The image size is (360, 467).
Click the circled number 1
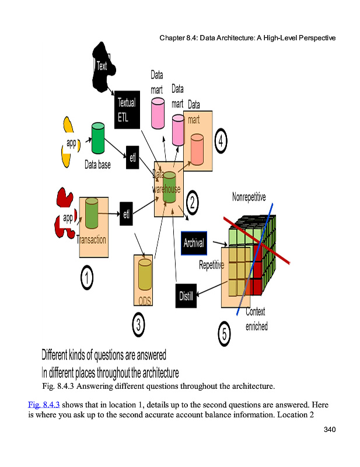(x=86, y=278)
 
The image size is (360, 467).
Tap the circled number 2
(x=191, y=203)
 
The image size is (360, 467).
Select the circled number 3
(x=138, y=325)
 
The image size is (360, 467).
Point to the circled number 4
(x=221, y=141)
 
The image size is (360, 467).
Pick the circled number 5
(x=225, y=334)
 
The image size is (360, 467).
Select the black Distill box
(x=186, y=295)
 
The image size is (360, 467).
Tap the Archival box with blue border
(x=194, y=243)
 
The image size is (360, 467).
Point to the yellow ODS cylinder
(x=144, y=274)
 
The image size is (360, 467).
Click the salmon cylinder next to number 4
(x=197, y=149)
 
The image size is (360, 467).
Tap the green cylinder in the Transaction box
(x=92, y=213)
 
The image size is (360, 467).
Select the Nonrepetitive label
(x=249, y=197)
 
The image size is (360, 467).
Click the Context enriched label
(x=256, y=319)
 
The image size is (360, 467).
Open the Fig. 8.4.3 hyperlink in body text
(x=44, y=404)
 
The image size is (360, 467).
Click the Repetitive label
(x=212, y=265)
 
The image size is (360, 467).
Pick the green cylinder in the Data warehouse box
(x=169, y=187)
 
